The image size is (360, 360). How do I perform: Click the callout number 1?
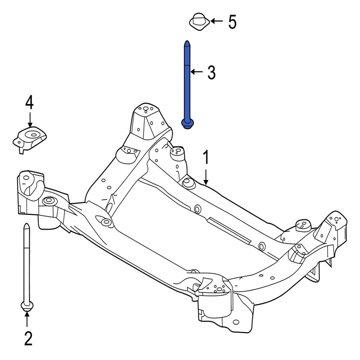206,159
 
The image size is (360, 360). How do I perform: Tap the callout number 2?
28,338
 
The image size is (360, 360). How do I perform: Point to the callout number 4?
29,103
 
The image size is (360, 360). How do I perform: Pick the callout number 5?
232,22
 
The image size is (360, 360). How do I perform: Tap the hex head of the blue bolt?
186,124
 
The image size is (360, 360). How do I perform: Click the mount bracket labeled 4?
30,139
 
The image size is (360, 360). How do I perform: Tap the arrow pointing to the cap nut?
217,21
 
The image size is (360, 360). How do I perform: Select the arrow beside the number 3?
197,72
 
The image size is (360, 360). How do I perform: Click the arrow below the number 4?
30,118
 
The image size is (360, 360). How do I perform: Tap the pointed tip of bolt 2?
26,225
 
